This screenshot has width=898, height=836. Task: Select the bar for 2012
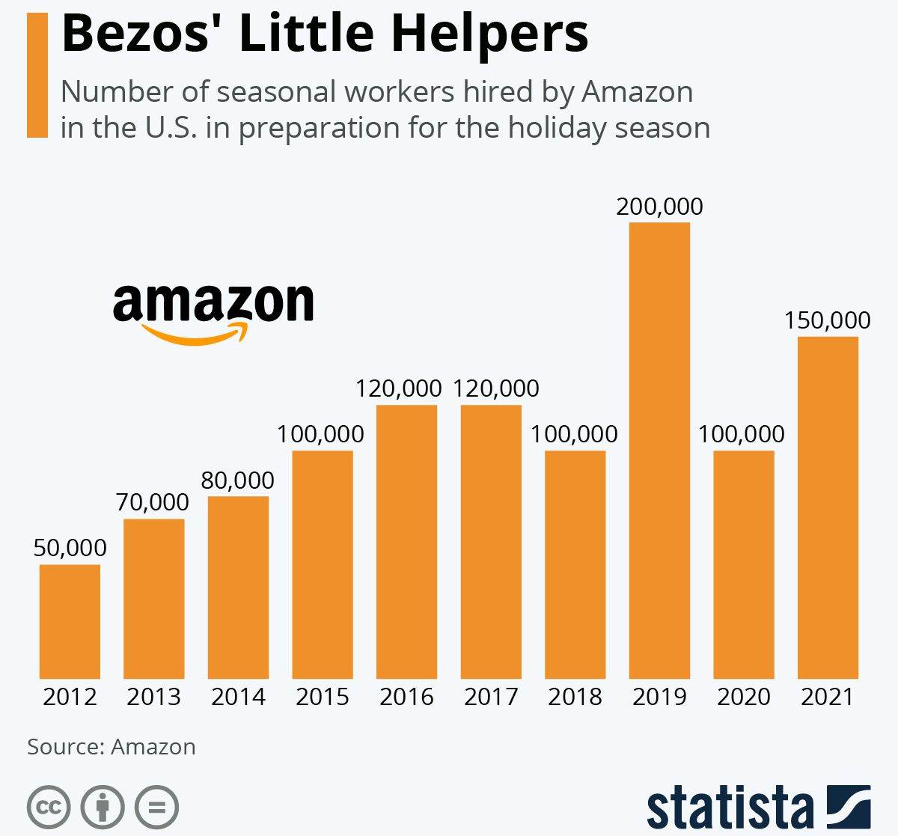tap(70, 621)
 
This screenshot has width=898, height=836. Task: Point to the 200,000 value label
tap(659, 207)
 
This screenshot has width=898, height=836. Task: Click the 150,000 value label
tap(827, 320)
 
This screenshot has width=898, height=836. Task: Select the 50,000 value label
tap(70, 548)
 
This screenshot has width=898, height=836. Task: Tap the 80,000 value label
tap(237, 480)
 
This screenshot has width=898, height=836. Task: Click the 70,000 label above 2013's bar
tap(153, 502)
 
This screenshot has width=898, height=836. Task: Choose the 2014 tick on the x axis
tap(238, 697)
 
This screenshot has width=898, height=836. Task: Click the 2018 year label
tap(575, 697)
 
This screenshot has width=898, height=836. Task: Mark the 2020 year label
tap(743, 697)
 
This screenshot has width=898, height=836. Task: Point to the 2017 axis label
tap(491, 697)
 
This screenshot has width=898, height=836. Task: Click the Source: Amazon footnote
tap(112, 747)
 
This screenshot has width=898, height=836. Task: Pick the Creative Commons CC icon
tap(49, 808)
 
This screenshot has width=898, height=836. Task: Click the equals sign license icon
tap(157, 808)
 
